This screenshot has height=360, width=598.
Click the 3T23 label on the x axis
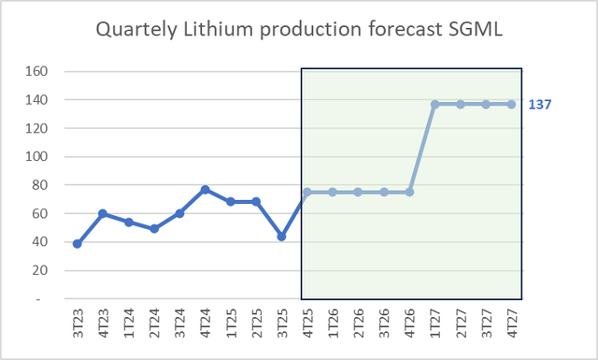pyautogui.click(x=78, y=324)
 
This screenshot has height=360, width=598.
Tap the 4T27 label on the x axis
pyautogui.click(x=511, y=324)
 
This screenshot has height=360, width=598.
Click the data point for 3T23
pyautogui.click(x=78, y=244)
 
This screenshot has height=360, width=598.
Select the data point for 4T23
pyautogui.click(x=103, y=214)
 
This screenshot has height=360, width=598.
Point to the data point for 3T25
pyautogui.click(x=281, y=237)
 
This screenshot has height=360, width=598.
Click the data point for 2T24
pyautogui.click(x=154, y=229)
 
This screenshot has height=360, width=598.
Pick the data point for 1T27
pyautogui.click(x=434, y=104)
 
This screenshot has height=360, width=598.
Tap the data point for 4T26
pyautogui.click(x=409, y=193)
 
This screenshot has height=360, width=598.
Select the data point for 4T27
pyautogui.click(x=511, y=104)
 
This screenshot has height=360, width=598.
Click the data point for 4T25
pyautogui.click(x=306, y=193)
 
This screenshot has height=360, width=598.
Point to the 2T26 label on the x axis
pyautogui.click(x=358, y=324)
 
